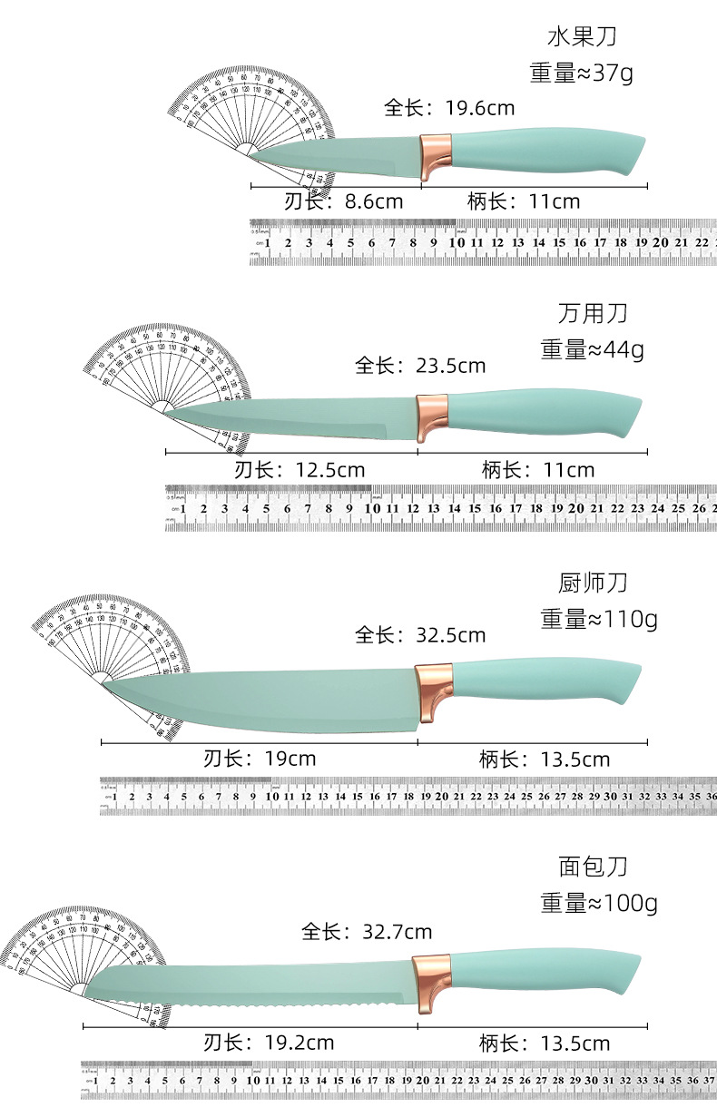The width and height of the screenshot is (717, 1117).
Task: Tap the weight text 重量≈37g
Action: pyautogui.click(x=582, y=73)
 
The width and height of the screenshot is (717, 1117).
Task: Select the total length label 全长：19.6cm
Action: pyautogui.click(x=448, y=108)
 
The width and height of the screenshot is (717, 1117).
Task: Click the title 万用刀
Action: pyautogui.click(x=593, y=314)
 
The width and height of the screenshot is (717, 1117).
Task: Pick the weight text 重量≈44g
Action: pyautogui.click(x=592, y=348)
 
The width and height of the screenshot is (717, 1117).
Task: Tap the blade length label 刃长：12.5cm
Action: pyautogui.click(x=300, y=469)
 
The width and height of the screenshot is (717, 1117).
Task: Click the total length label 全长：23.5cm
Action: pyautogui.click(x=420, y=366)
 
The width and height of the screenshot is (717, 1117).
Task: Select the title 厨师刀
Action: pyautogui.click(x=593, y=582)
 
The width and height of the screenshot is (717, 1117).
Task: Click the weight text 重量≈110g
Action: pyautogui.click(x=599, y=619)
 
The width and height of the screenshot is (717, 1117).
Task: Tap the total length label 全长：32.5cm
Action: pyautogui.click(x=420, y=634)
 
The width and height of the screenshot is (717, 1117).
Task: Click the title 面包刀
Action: pyautogui.click(x=593, y=867)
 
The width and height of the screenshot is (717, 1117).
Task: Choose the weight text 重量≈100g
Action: pyautogui.click(x=599, y=903)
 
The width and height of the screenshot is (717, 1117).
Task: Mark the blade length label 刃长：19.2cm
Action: pyautogui.click(x=269, y=1043)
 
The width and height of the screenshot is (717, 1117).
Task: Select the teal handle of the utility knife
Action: pyautogui.click(x=545, y=413)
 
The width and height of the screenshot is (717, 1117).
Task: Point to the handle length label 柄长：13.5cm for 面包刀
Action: pyautogui.click(x=545, y=1043)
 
